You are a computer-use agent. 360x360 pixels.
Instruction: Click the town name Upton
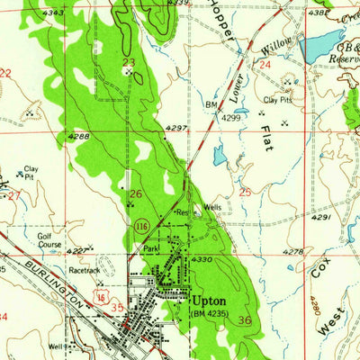coord(208,300)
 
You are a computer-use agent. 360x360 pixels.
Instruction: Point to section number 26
coord(136,193)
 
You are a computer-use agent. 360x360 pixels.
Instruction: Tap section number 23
coord(128,61)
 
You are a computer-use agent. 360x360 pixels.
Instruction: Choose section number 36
coord(245,320)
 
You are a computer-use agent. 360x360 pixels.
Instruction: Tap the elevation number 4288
coord(78,137)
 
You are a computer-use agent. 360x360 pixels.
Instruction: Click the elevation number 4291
coord(322,217)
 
